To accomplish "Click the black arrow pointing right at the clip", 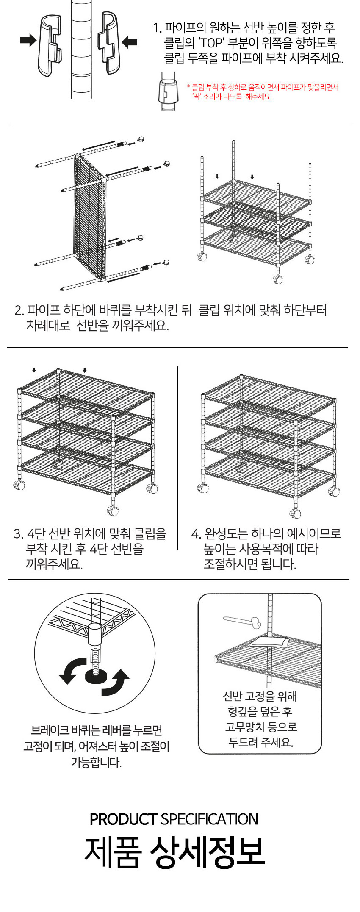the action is coord(28,41).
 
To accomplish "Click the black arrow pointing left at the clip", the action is coord(129,42).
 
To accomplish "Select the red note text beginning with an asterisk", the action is coord(263,92).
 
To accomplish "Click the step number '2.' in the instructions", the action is coord(19,310).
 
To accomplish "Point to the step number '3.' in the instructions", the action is coord(18,534).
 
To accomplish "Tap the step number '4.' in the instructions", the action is coord(196,534).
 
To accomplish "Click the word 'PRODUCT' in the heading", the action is coord(123,819).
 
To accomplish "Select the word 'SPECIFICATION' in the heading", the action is coord(209,819).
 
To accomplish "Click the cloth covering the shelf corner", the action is coord(269,642).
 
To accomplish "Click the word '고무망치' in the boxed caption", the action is coord(243,727).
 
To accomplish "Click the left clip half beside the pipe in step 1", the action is coord(50,46).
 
